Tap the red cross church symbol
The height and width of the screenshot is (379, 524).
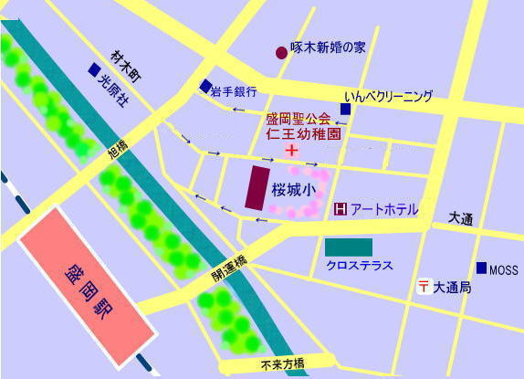point(292,149)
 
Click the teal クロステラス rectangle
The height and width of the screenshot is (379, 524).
point(349,247)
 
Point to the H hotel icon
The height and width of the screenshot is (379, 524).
point(341,210)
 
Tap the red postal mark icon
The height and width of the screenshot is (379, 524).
point(424,287)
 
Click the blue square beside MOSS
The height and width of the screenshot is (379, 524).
point(481,268)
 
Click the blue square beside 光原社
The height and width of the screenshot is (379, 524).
point(94,68)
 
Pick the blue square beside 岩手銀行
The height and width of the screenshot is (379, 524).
point(205,87)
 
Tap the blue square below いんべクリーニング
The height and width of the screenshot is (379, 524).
point(346,110)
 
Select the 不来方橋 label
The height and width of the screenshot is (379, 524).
point(282,364)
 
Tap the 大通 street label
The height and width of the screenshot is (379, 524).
point(461,219)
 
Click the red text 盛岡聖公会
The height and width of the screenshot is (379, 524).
point(298,118)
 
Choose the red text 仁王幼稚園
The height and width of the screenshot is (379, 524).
point(298,133)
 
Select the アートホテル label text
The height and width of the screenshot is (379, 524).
point(384,210)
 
